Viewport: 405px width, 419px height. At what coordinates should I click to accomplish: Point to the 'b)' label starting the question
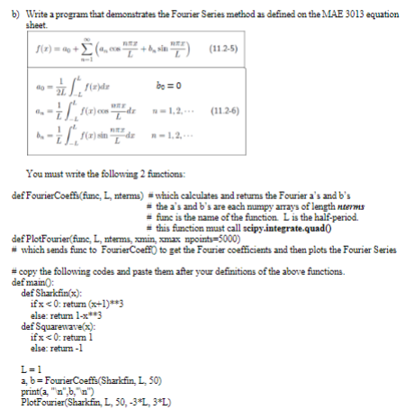point(13,6)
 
